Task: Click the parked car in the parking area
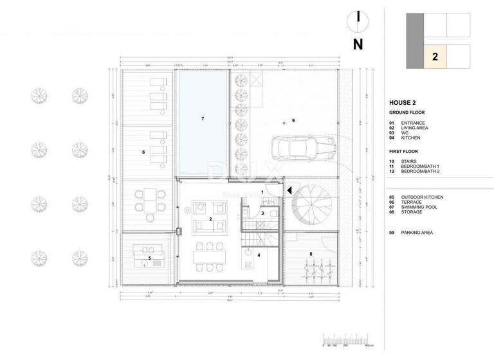tap(302, 148)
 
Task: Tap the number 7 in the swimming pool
tap(202, 119)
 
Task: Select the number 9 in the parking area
tap(293, 120)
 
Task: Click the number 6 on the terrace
tap(143, 152)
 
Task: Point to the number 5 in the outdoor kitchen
tap(150, 258)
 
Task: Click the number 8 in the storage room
tap(311, 255)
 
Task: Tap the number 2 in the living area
tap(210, 219)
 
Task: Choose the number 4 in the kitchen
tap(259, 255)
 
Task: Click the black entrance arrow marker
tap(291, 190)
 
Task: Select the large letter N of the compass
tap(358, 44)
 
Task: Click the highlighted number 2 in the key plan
tap(435, 57)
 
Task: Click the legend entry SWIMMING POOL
tap(420, 208)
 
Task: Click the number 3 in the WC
tap(262, 213)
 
